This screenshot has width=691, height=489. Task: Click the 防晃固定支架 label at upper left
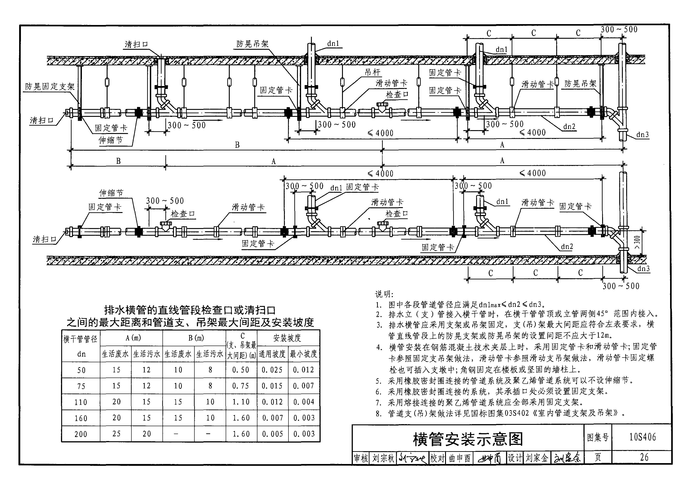pyautogui.click(x=50, y=87)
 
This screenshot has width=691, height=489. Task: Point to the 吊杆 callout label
pyautogui.click(x=373, y=72)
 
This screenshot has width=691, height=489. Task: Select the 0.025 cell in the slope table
pyautogui.click(x=272, y=370)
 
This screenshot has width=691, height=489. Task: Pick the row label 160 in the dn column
pyautogui.click(x=81, y=418)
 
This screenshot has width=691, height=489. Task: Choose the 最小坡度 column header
pyautogui.click(x=303, y=354)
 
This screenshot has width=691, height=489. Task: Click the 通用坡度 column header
pyautogui.click(x=272, y=354)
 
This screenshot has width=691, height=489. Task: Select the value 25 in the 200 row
pyautogui.click(x=117, y=434)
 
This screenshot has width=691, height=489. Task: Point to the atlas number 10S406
pyautogui.click(x=643, y=437)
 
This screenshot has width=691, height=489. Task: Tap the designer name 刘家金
pyautogui.click(x=537, y=458)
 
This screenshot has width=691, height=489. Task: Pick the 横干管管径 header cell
pyautogui.click(x=81, y=339)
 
